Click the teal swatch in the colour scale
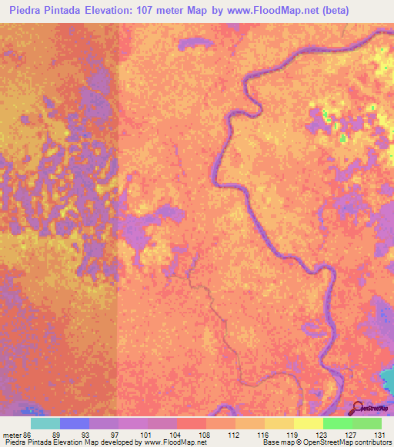click(x=45, y=423)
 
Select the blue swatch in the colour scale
click(x=75, y=423)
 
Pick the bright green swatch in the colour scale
click(x=337, y=423)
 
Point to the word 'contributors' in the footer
click(x=370, y=442)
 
